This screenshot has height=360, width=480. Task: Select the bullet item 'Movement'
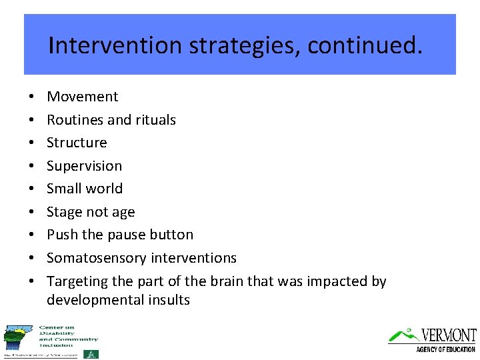point(82,97)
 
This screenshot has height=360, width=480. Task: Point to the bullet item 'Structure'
point(77,143)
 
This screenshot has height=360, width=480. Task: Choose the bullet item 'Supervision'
point(84,166)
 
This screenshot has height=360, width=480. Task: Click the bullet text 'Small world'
point(85,189)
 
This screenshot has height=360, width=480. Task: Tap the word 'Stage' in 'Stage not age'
point(64,212)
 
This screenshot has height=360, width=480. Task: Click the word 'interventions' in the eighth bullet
point(194,258)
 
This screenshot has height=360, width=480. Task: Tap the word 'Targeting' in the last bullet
point(77,281)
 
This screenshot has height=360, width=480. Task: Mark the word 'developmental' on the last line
point(93,300)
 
